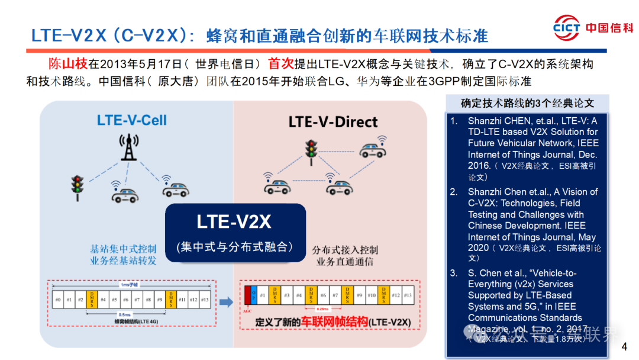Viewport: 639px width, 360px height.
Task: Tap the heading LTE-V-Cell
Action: click(x=132, y=120)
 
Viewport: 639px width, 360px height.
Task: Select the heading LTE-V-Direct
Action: click(x=333, y=122)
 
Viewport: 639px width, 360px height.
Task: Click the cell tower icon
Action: click(x=126, y=146)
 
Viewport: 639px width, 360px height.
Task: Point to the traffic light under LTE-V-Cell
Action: click(x=77, y=187)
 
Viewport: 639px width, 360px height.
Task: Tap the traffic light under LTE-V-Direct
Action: click(x=311, y=149)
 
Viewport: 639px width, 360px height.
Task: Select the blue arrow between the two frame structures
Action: click(x=225, y=302)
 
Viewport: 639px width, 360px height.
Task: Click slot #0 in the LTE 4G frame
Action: click(x=57, y=300)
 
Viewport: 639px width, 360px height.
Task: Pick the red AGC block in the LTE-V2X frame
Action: click(x=247, y=294)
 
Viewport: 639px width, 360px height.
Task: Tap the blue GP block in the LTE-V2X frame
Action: click(x=254, y=294)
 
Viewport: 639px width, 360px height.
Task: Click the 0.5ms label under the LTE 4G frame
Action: click(x=125, y=314)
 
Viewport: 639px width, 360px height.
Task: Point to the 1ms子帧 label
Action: click(x=128, y=284)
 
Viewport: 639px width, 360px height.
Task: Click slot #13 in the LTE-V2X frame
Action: click(x=407, y=294)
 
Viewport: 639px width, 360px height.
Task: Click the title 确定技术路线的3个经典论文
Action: click(x=527, y=103)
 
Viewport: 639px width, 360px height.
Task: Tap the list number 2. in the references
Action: click(x=454, y=192)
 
